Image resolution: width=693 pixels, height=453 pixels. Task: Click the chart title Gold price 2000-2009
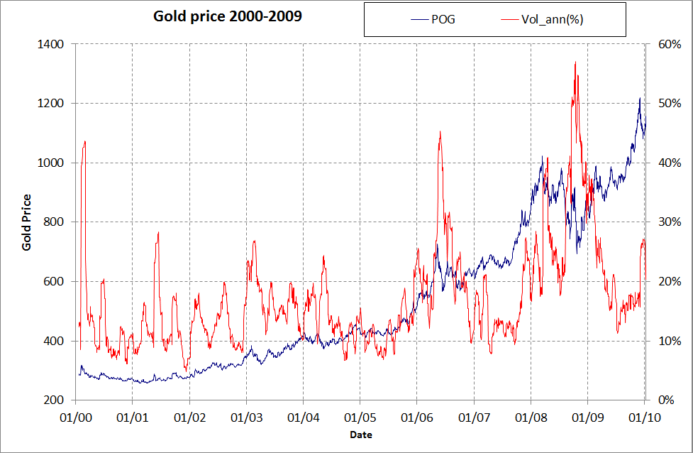tap(228, 16)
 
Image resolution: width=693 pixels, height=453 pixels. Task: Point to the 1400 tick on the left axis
tap(52, 44)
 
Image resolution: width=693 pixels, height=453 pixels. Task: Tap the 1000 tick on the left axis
tap(52, 163)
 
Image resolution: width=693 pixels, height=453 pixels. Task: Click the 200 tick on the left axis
tap(55, 400)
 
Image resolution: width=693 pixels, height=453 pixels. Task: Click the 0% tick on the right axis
tap(663, 400)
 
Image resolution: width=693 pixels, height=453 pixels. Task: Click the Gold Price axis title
tap(27, 222)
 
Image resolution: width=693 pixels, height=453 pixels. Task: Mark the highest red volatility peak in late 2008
tap(575, 62)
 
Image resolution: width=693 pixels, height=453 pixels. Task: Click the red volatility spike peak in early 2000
tap(85, 141)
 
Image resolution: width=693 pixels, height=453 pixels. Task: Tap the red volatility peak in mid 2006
tap(440, 131)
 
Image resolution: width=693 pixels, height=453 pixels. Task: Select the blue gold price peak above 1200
tap(639, 99)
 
